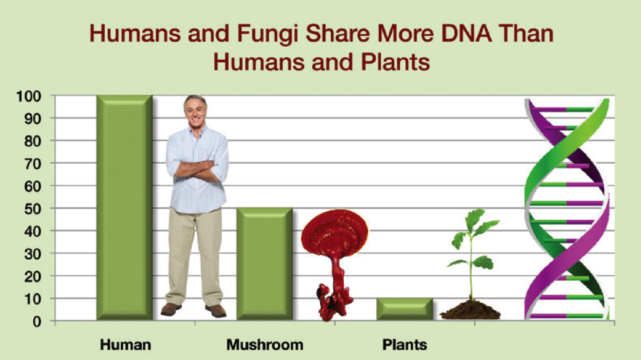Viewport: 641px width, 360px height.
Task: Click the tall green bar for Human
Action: pos(125,207)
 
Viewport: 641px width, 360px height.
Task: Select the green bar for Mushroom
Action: pos(265,264)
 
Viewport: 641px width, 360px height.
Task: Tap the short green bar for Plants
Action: pos(404,309)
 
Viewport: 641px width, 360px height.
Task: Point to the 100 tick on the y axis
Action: pos(29,97)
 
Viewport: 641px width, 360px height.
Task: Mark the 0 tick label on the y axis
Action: pos(37,321)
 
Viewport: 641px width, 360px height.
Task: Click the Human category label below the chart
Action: pos(125,344)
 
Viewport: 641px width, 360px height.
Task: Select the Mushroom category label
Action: pos(265,344)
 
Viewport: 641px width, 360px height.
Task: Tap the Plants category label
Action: pos(405,344)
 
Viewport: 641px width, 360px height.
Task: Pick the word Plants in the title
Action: pos(395,62)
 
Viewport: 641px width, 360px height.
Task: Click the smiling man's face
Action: pos(196,111)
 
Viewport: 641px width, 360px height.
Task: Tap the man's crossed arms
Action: pos(196,170)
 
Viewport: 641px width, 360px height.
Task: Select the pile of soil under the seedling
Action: pos(470,310)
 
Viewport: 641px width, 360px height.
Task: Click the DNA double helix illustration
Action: pos(567,209)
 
